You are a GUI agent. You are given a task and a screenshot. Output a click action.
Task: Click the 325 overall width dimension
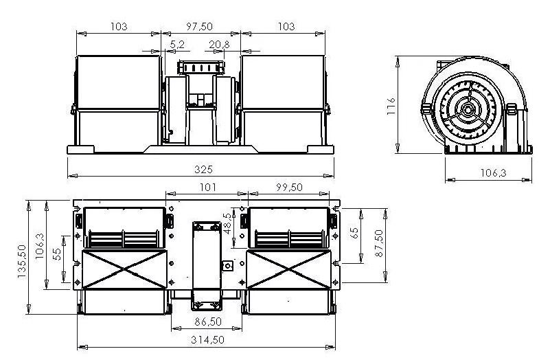tap(203, 169)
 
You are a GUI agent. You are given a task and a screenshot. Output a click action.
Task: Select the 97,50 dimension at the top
tap(199, 27)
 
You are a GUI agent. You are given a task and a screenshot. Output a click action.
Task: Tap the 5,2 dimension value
tap(177, 45)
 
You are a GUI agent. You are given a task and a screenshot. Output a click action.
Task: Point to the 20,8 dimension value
tap(219, 45)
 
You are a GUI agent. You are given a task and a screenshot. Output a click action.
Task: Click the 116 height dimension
tap(391, 106)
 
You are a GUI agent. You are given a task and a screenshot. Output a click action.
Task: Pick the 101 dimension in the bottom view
tap(208, 187)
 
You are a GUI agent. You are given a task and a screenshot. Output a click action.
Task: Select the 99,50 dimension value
tap(290, 187)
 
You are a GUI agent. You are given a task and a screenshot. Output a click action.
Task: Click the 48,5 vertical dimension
tap(227, 223)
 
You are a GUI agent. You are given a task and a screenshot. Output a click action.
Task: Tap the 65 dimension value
tap(354, 233)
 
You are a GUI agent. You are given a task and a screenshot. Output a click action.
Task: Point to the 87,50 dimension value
tap(379, 243)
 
